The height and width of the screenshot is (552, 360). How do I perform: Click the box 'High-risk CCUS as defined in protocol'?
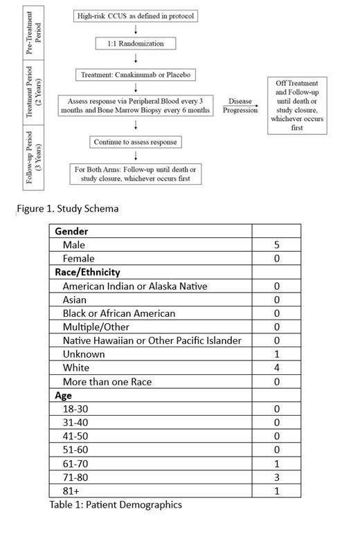[136, 16]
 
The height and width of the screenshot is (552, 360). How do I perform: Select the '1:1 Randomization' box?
[135, 43]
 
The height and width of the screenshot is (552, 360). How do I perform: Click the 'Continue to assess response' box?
[135, 142]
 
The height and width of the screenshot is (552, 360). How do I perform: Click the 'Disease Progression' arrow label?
[240, 106]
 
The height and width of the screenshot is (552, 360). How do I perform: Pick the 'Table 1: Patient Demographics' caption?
[116, 505]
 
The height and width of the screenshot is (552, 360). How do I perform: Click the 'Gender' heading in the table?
[71, 232]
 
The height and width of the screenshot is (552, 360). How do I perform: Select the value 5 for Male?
[276, 245]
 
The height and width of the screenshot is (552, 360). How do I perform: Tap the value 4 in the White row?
[276, 368]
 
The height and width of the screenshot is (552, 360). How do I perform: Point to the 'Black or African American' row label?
[118, 313]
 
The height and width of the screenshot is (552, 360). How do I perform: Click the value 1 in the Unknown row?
[276, 354]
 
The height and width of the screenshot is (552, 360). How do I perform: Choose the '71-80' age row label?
[75, 477]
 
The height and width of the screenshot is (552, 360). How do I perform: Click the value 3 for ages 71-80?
[276, 477]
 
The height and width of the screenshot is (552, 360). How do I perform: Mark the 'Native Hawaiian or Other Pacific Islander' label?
[152, 340]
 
